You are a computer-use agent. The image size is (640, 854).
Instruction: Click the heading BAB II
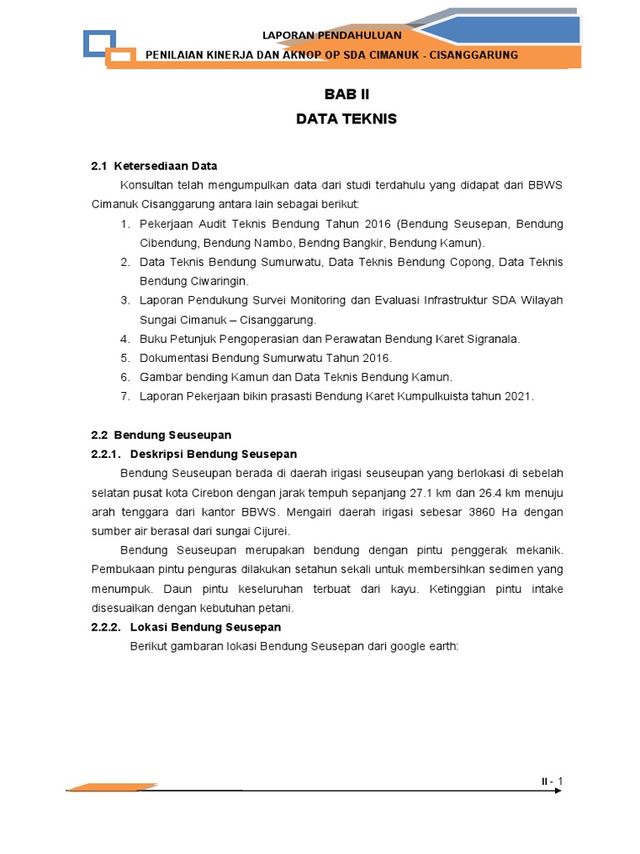pyautogui.click(x=346, y=96)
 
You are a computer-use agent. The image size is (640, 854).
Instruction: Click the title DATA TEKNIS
pyautogui.click(x=346, y=119)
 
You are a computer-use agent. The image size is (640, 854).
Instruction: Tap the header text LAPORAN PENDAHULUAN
pyautogui.click(x=332, y=35)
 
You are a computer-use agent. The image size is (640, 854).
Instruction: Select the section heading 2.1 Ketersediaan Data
pyautogui.click(x=154, y=166)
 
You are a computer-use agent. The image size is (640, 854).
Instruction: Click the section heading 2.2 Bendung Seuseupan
pyautogui.click(x=161, y=435)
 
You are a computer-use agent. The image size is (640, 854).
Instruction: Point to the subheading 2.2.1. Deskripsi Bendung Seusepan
pyautogui.click(x=193, y=455)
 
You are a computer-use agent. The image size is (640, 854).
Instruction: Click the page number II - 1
pyautogui.click(x=552, y=781)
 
